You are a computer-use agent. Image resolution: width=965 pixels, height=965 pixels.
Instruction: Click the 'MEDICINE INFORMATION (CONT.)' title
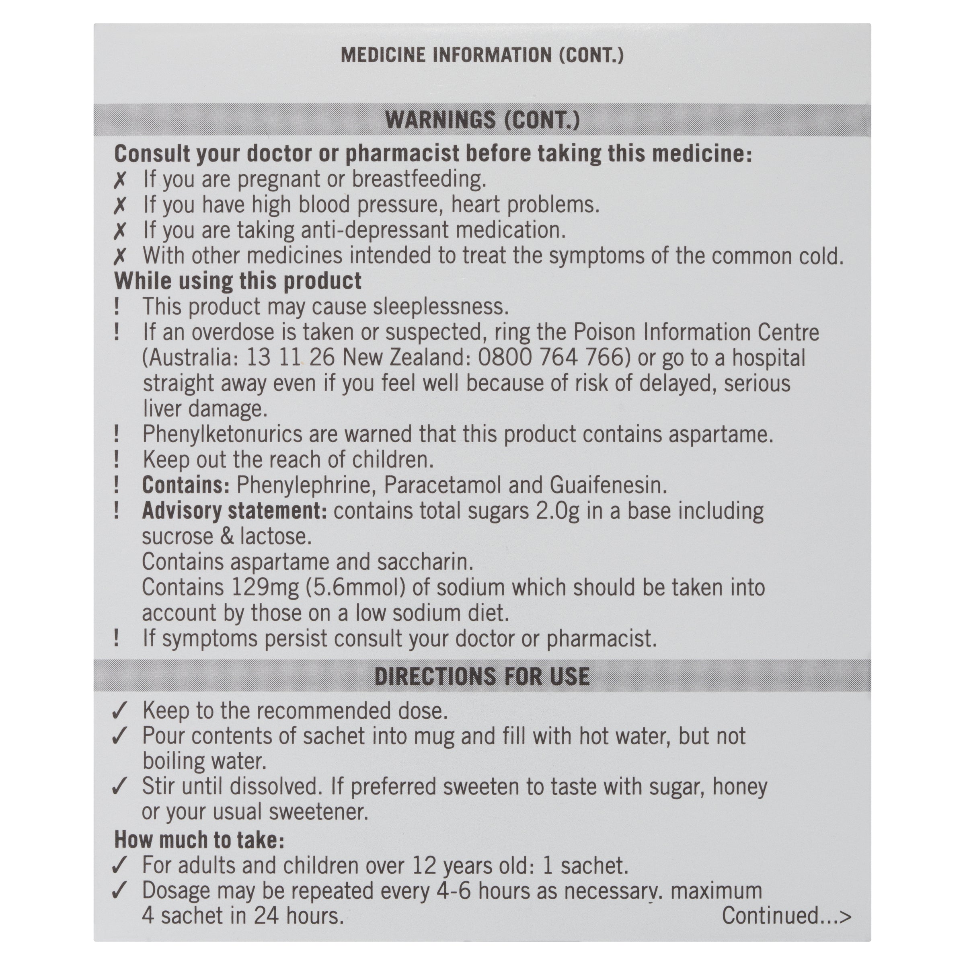pos(482,55)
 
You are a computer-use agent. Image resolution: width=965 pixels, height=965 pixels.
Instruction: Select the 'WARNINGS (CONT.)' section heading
pos(482,120)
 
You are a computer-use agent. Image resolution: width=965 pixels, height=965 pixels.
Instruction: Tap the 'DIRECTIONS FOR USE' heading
pos(482,676)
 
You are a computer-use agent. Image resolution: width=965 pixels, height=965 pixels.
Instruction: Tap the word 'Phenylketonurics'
pos(222,434)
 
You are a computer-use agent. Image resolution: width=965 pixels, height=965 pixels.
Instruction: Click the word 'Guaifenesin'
pos(608,485)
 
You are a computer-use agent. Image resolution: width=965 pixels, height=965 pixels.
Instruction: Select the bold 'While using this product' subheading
pos(238,281)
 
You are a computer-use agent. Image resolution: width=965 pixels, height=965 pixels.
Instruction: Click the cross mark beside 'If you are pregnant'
pos(120,180)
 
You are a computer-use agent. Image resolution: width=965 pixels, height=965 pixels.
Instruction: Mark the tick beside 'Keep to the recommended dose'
pos(120,710)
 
